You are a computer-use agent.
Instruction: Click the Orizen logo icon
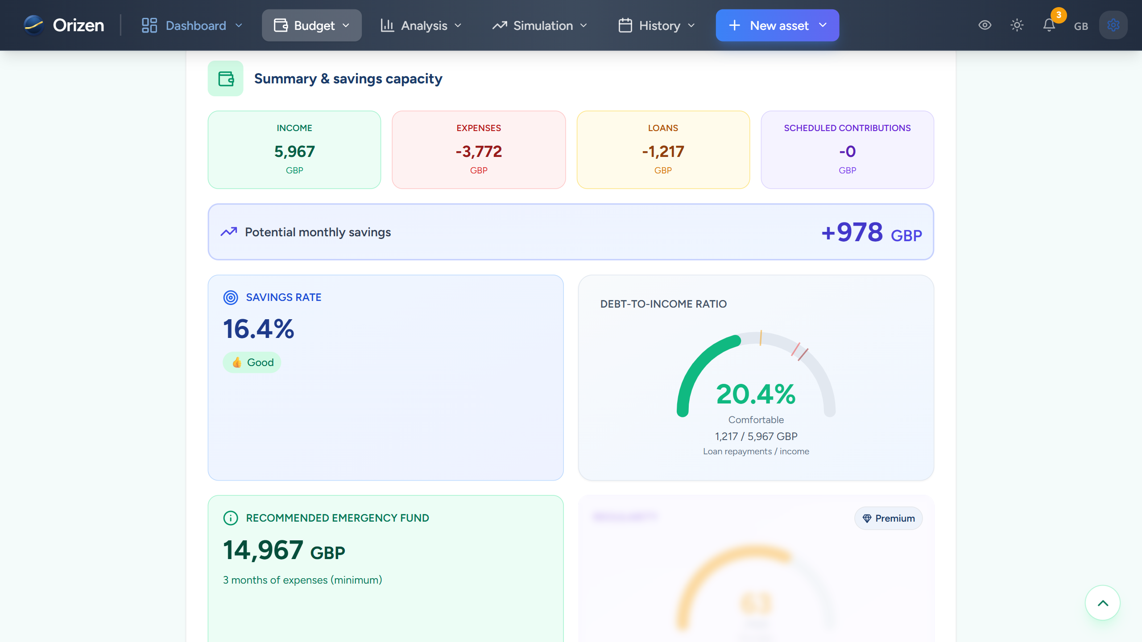click(34, 25)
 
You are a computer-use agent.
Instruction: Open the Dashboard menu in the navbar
click(192, 25)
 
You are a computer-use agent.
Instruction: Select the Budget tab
click(311, 25)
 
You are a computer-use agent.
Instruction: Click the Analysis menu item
click(421, 25)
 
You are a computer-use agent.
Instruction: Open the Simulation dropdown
click(540, 25)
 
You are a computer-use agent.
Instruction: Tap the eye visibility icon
click(985, 25)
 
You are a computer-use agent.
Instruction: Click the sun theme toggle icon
click(1017, 25)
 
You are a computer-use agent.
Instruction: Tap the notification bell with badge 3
click(1049, 25)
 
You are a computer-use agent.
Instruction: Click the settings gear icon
click(1113, 25)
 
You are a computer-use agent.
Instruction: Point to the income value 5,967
click(294, 152)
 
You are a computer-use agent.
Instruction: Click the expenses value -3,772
click(479, 152)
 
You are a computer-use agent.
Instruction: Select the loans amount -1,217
click(663, 152)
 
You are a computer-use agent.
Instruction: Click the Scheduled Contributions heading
click(847, 128)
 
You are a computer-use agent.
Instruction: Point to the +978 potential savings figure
click(852, 232)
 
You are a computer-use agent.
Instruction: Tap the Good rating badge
click(252, 362)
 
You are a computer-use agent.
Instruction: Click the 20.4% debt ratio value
click(756, 394)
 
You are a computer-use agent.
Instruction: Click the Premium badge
click(888, 518)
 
